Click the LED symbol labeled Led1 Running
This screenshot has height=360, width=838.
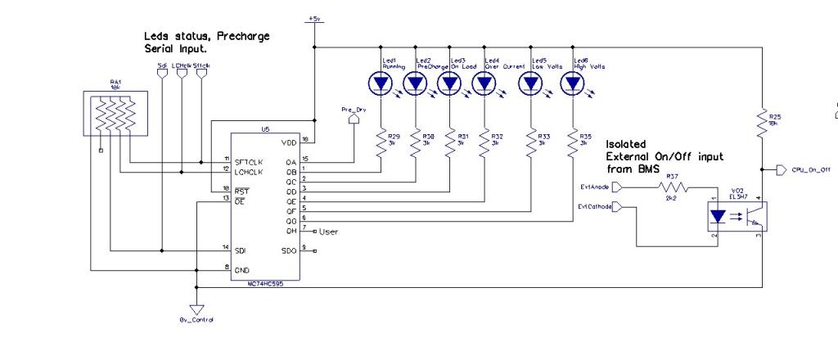[381, 83]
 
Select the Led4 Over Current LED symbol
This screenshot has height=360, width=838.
[484, 83]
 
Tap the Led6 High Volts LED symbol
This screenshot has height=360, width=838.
[572, 83]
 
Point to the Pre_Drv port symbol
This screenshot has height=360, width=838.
[354, 119]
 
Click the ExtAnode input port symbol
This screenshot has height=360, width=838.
[617, 187]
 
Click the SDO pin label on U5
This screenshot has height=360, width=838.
[288, 249]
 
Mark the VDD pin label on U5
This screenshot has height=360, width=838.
[288, 142]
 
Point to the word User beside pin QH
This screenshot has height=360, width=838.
[329, 232]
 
